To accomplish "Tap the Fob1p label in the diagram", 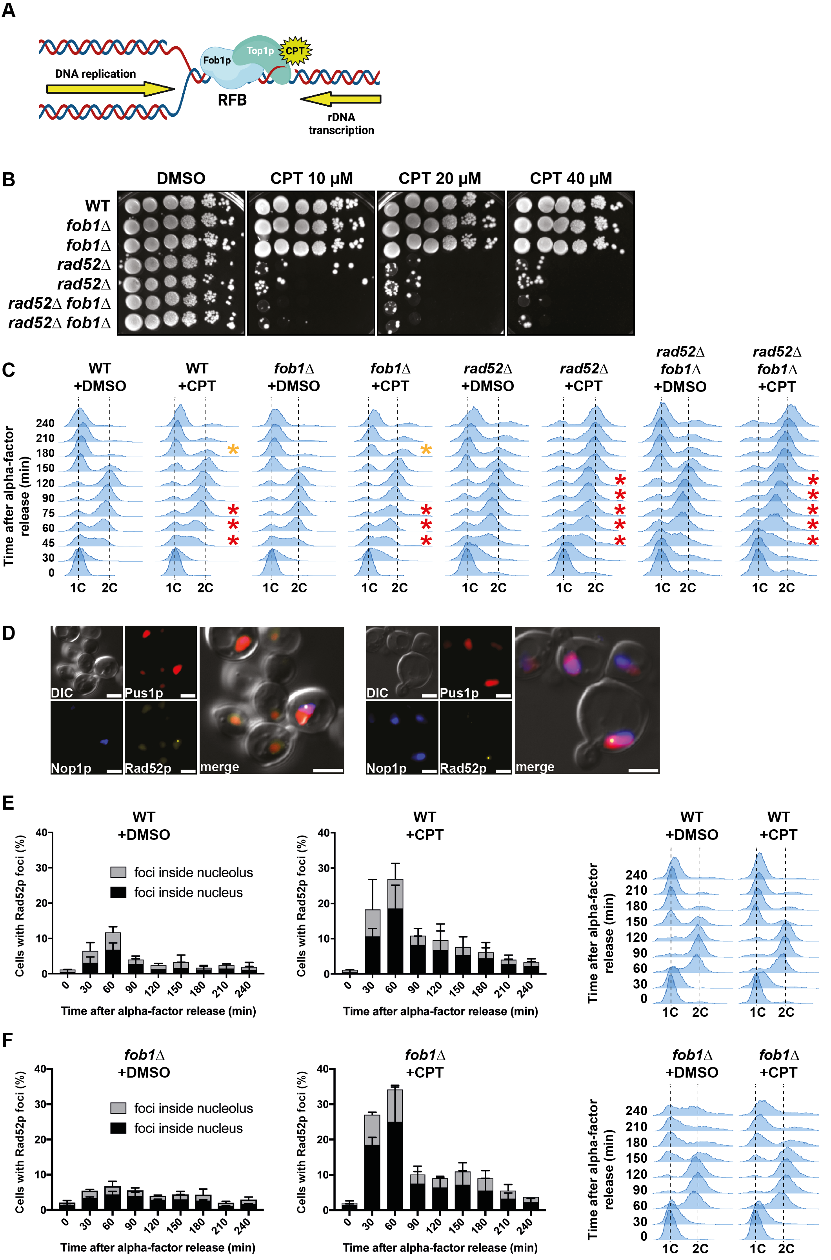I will point(217,60).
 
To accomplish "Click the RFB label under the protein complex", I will point(232,100).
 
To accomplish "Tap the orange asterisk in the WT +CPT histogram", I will point(233,450).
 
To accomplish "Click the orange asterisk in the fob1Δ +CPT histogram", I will point(426,450).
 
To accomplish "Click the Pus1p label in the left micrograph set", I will point(144,693).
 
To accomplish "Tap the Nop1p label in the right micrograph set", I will point(386,768).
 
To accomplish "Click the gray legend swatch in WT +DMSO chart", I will point(118,872).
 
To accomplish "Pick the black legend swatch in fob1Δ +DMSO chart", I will point(118,1128).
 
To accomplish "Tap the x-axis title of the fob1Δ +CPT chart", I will point(440,1247).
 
